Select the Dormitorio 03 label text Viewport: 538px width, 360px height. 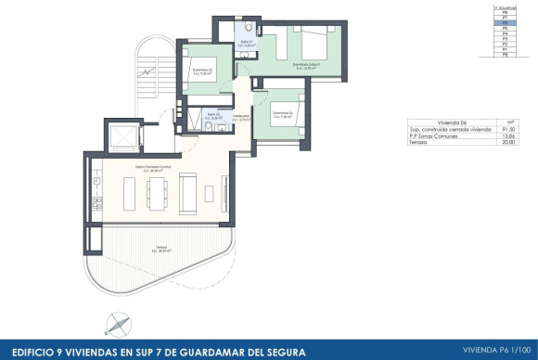283,116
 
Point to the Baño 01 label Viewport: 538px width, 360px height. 248,44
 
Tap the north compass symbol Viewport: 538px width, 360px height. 115,324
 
